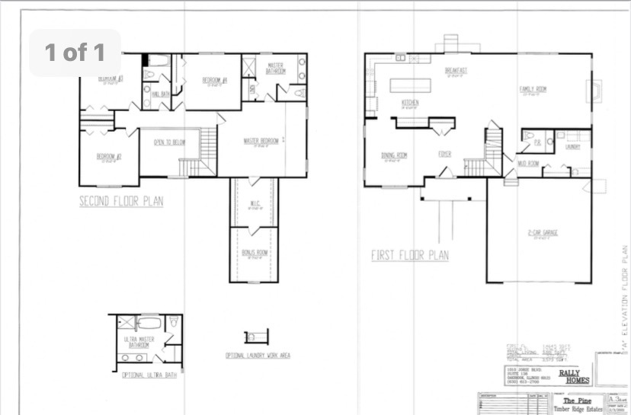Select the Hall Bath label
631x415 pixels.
click(160, 94)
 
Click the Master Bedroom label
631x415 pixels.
click(261, 141)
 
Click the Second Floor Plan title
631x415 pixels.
click(121, 202)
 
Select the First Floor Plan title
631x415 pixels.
click(410, 255)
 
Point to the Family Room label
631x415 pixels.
click(533, 89)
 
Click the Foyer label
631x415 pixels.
click(444, 154)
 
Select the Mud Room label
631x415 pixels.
click(529, 163)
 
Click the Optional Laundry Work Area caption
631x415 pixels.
click(257, 356)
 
